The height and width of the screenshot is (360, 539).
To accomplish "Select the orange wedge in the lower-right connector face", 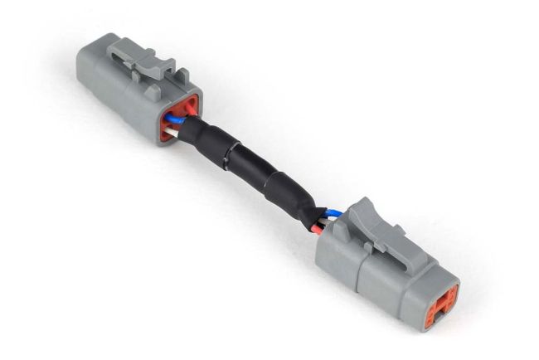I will [x=439, y=302].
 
